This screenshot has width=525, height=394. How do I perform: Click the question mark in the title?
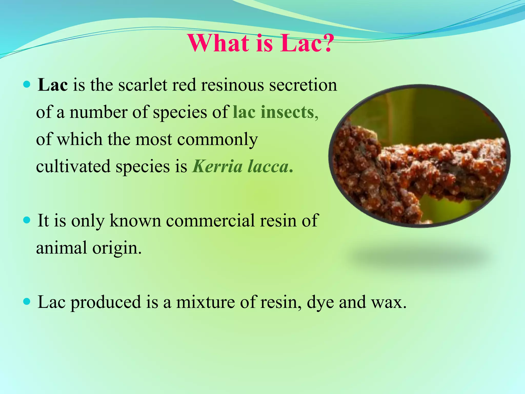tap(326, 43)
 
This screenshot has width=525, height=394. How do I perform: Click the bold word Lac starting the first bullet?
tap(53, 85)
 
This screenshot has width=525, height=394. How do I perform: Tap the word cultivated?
tap(73, 166)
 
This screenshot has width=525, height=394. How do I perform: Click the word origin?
tap(117, 248)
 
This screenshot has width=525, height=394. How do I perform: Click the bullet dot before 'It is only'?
tap(27, 220)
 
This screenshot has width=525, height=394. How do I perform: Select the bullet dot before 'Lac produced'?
tap(27, 301)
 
